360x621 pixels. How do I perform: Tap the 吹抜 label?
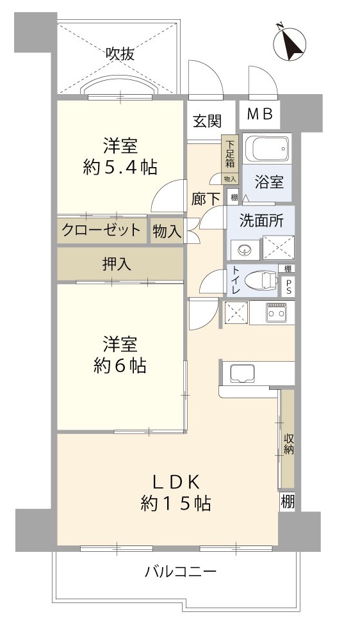click(120, 54)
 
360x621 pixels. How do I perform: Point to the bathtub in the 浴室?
click(268, 150)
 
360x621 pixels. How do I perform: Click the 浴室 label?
click(269, 182)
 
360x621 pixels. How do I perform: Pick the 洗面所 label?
click(261, 221)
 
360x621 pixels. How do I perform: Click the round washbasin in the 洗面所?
click(245, 250)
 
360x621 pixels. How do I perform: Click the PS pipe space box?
click(288, 287)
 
